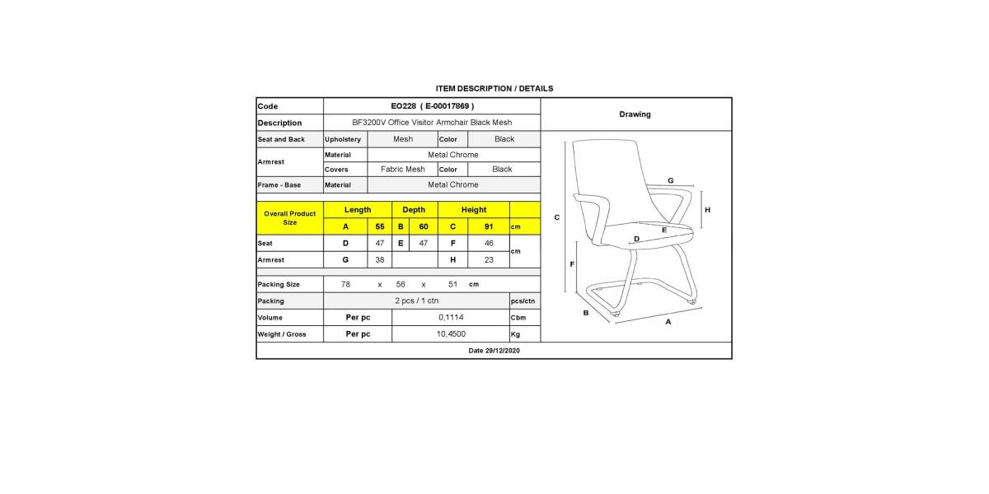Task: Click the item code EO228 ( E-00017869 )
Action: (x=432, y=106)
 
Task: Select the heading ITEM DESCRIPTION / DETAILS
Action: (x=494, y=88)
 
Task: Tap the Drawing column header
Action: (x=635, y=114)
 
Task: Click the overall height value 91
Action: (x=489, y=226)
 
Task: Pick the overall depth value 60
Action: (x=424, y=226)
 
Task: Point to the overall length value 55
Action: (x=380, y=226)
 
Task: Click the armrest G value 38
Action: (x=380, y=259)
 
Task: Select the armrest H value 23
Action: (x=489, y=259)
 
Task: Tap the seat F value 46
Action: (x=489, y=243)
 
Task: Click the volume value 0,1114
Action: (x=450, y=317)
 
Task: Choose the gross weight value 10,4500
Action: (x=450, y=334)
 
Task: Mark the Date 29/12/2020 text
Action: (x=494, y=351)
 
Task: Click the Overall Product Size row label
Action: (x=289, y=218)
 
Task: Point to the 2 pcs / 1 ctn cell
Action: (x=415, y=301)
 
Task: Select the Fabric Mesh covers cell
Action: (x=402, y=169)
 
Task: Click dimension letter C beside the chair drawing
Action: (x=557, y=217)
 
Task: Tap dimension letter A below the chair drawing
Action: (x=668, y=322)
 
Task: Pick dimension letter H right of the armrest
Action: (x=707, y=210)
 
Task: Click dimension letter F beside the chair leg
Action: (x=572, y=263)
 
